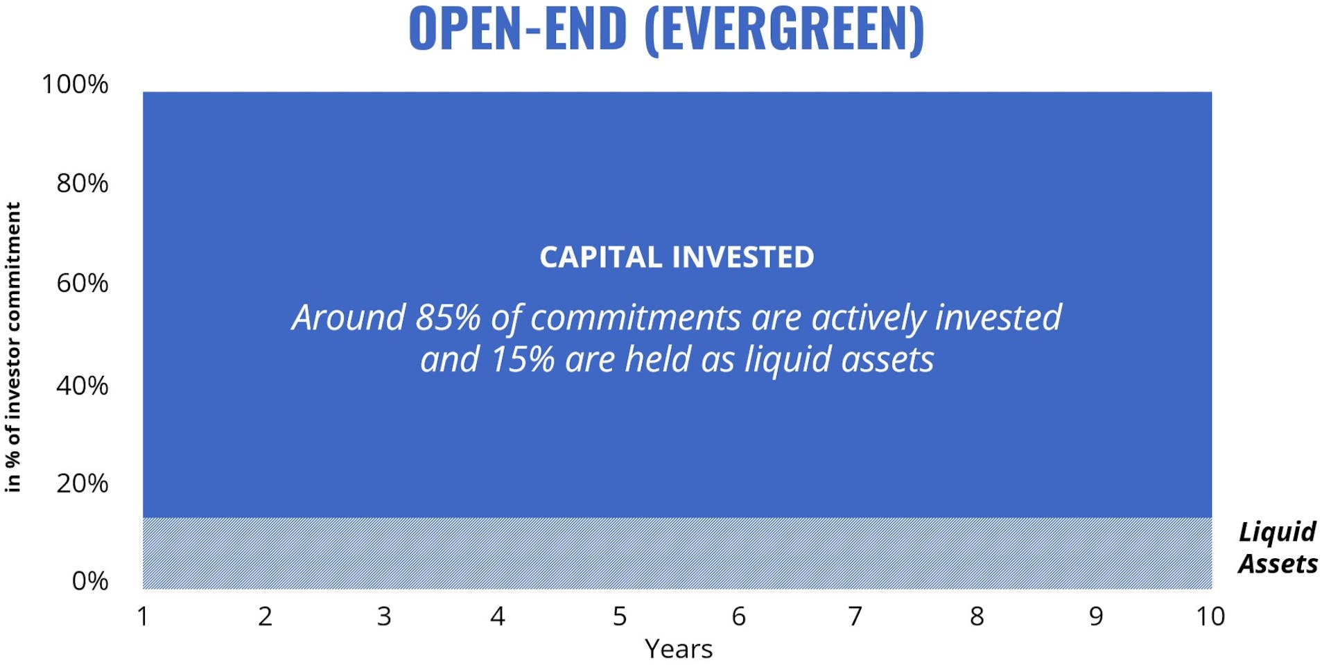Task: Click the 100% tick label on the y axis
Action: click(75, 85)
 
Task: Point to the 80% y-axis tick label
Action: click(82, 184)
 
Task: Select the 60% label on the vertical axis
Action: click(82, 284)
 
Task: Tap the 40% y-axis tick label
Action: click(82, 386)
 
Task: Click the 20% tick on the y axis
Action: click(82, 483)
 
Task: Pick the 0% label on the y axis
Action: click(90, 581)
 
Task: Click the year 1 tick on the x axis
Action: click(143, 616)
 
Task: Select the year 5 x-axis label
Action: click(620, 616)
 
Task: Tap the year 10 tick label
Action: click(1210, 616)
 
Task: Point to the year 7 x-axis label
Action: click(855, 616)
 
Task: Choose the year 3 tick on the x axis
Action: click(384, 616)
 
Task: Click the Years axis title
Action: click(678, 649)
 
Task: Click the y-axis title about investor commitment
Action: click(13, 347)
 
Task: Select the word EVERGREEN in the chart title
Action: click(783, 29)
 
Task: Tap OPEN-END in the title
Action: click(517, 29)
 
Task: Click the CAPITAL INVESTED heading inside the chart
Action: click(677, 257)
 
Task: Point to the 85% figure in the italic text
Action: click(448, 318)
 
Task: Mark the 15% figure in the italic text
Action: click(523, 360)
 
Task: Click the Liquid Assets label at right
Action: click(1277, 548)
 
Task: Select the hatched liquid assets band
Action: click(677, 553)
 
